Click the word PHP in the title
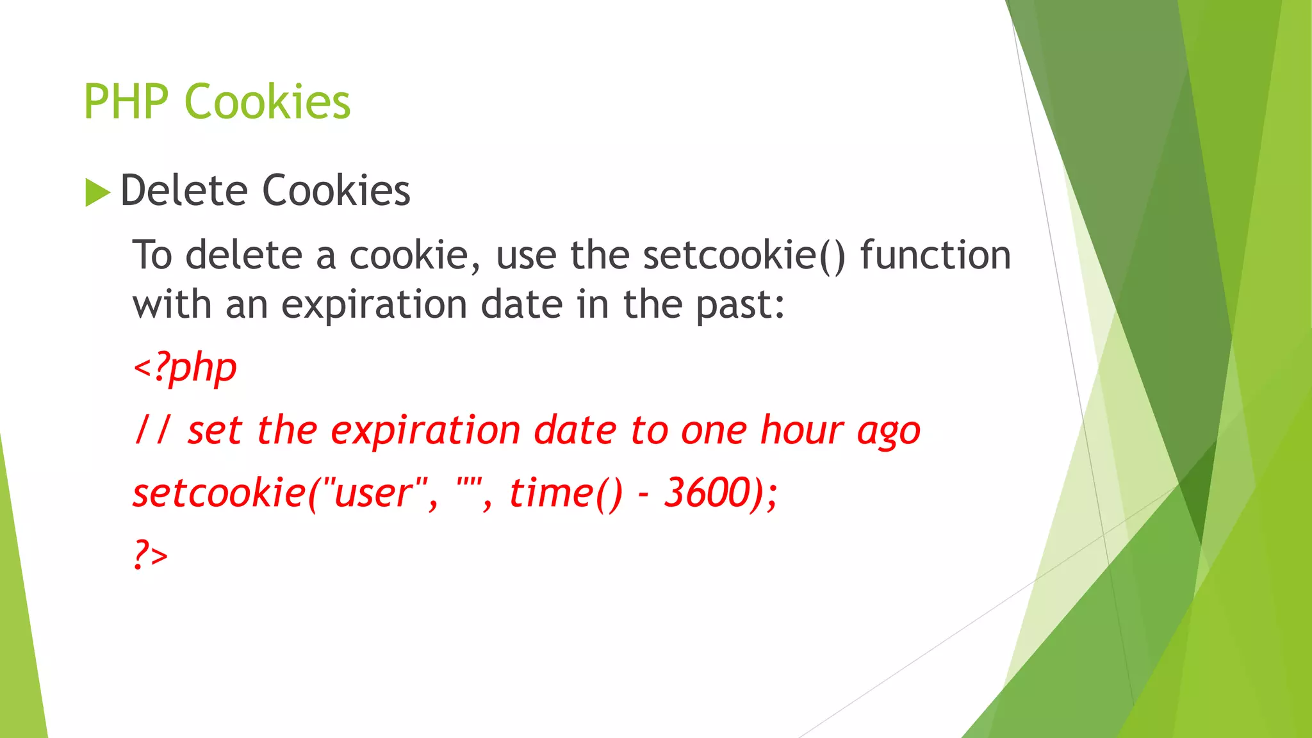tap(126, 102)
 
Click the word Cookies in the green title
tap(267, 102)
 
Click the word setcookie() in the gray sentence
tap(744, 255)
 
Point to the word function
tap(935, 255)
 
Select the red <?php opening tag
tap(184, 368)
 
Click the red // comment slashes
tap(153, 430)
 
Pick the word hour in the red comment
tap(801, 430)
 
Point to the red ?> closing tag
tap(151, 554)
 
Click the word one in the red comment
tap(713, 430)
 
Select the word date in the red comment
tap(575, 430)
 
